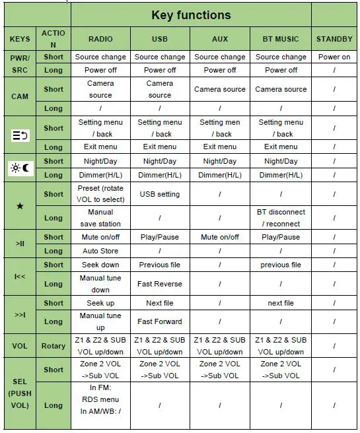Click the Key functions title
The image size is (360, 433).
pos(191,15)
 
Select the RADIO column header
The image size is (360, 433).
pos(100,39)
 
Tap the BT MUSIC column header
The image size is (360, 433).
pos(281,39)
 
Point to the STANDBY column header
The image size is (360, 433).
pos(334,39)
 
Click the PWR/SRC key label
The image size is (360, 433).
pos(20,63)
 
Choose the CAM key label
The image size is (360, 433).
pos(20,96)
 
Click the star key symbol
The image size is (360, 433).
pos(20,207)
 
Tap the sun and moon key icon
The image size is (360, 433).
pos(20,168)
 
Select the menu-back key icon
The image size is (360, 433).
pos(20,135)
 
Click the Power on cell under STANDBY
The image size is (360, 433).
pos(334,57)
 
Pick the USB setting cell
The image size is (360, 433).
pos(159,194)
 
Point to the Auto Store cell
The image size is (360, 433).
pos(100,251)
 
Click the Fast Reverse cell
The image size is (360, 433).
pos(159,284)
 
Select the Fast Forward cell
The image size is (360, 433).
pos(159,321)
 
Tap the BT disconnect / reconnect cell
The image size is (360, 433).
pos(281,218)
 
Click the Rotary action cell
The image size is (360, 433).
pos(54,346)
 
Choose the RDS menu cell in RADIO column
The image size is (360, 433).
pos(100,399)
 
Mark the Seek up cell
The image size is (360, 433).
pos(100,303)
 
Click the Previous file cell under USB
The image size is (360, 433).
pos(159,265)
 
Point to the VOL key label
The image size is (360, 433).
pos(20,346)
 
